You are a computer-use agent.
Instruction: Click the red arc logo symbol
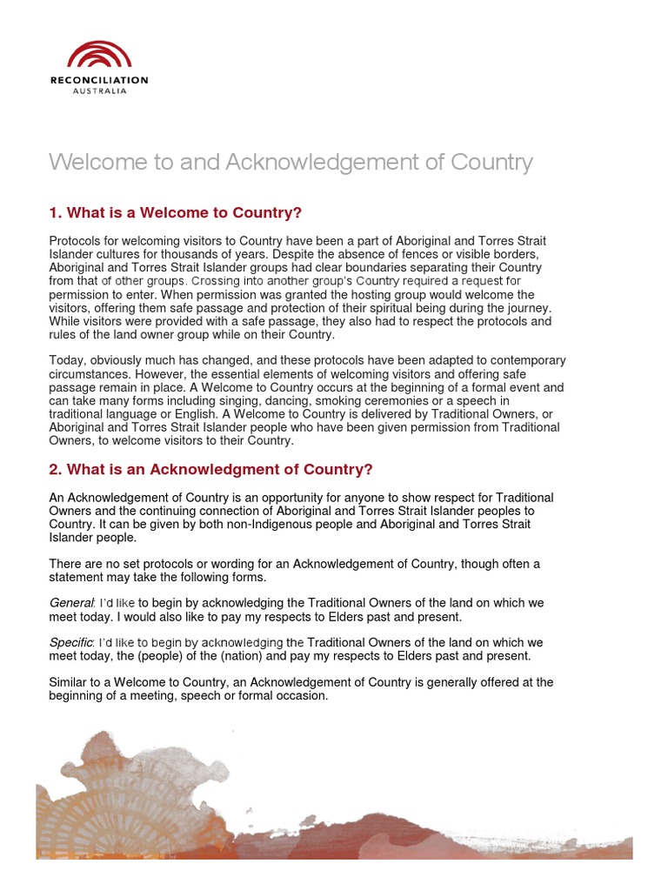(x=99, y=54)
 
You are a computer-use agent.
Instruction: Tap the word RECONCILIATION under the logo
(x=99, y=80)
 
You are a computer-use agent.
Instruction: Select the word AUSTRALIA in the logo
(x=99, y=90)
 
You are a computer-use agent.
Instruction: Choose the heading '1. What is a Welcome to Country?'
(x=175, y=213)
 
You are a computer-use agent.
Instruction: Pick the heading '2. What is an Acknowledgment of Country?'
(x=210, y=470)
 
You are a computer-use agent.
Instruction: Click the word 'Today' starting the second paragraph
(x=66, y=360)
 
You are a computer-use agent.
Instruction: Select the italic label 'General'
(x=70, y=603)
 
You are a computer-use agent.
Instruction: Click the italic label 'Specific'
(x=72, y=643)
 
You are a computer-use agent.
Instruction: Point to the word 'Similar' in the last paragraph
(x=69, y=682)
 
